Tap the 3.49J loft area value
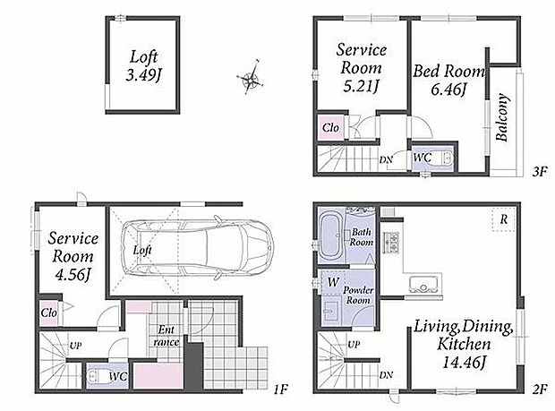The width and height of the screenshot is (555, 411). pyautogui.click(x=143, y=75)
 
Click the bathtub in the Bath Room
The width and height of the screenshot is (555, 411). pyautogui.click(x=331, y=236)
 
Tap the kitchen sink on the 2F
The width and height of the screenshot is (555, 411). pyautogui.click(x=423, y=284)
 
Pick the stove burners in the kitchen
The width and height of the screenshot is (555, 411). pyautogui.click(x=391, y=242)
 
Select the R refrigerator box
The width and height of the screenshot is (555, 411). pyautogui.click(x=504, y=219)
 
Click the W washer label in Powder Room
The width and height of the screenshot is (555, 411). pyautogui.click(x=333, y=282)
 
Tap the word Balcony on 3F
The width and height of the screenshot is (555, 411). pyautogui.click(x=502, y=117)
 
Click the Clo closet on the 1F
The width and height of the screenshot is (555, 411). pyautogui.click(x=49, y=313)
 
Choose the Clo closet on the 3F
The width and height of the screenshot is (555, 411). pyautogui.click(x=330, y=127)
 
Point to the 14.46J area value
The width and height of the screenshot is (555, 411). pyautogui.click(x=464, y=362)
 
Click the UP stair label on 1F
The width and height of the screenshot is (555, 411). pyautogui.click(x=75, y=346)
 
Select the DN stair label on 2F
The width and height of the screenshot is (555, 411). pyautogui.click(x=386, y=374)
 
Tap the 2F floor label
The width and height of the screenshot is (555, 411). pyautogui.click(x=540, y=389)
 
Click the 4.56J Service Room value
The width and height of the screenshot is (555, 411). pyautogui.click(x=73, y=275)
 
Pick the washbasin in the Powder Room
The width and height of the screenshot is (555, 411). pyautogui.click(x=330, y=312)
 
